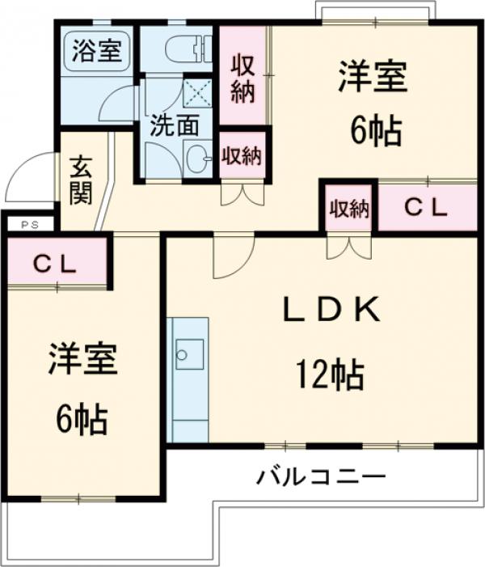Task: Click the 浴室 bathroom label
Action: point(96,49)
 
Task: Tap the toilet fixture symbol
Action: point(188,49)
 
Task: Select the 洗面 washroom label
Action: point(174,125)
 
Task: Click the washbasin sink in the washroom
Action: point(196,157)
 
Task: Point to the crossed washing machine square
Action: point(196,92)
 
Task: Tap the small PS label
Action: point(27,225)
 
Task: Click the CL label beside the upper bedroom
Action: point(426,207)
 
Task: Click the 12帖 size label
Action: point(329,374)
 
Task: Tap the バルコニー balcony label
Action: point(321,476)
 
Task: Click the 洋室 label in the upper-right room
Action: point(373,78)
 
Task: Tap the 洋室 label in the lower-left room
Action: point(82,361)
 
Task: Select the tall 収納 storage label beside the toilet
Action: point(243,77)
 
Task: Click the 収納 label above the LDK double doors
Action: point(348,209)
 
